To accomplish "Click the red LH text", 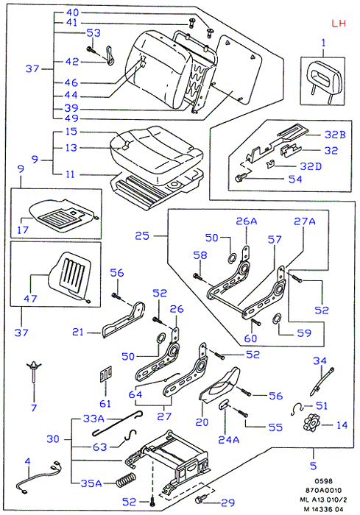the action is [339, 24].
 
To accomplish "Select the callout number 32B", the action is [335, 135].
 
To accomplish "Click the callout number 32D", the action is [311, 166].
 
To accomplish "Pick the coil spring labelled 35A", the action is [126, 480].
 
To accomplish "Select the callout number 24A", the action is [229, 440].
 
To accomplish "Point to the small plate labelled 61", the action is [105, 374].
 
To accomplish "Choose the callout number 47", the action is [30, 299].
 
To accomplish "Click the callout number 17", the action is [23, 230].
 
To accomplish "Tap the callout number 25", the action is [142, 236].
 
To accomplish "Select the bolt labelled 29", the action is [200, 499].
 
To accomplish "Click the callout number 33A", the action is [93, 419].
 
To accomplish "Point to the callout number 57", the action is [275, 239].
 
